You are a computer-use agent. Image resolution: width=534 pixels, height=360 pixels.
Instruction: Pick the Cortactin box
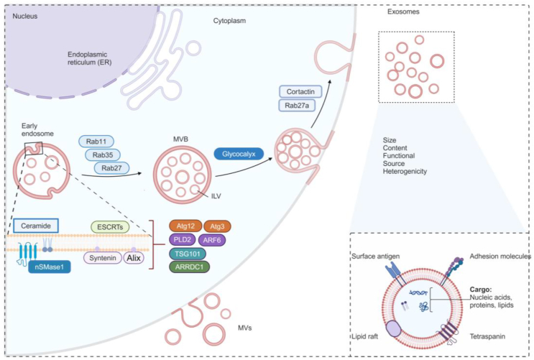302,91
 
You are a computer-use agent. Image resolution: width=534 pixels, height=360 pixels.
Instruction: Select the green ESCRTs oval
112,226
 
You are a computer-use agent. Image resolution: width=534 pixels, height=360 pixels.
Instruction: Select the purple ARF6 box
215,239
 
